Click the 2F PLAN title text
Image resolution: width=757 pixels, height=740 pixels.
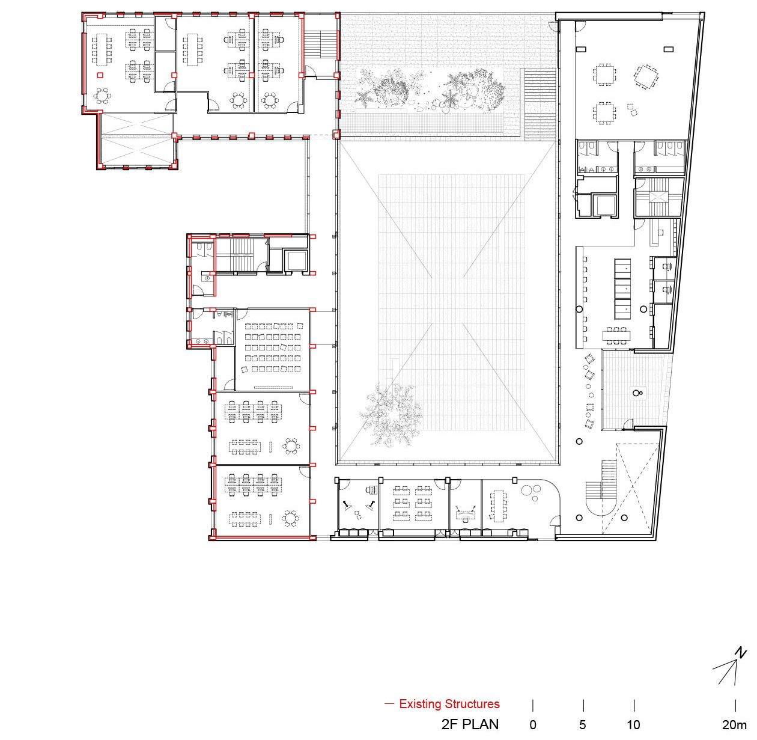click(470, 724)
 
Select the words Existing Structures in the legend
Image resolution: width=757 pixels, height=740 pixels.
click(449, 704)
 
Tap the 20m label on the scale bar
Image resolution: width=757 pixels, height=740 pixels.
click(734, 725)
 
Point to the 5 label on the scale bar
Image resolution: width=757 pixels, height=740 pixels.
click(583, 725)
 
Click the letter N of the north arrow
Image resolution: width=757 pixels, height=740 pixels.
click(741, 653)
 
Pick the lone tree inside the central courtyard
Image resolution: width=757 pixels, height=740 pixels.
click(391, 415)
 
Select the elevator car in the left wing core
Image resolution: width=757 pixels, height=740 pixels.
click(296, 260)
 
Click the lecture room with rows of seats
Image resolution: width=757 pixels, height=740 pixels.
click(273, 349)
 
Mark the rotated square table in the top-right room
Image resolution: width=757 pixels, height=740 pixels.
click(645, 76)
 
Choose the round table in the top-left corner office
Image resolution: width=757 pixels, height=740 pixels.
click(103, 95)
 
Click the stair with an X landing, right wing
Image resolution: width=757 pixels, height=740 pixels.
click(658, 197)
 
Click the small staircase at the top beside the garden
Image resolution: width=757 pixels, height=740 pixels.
click(321, 43)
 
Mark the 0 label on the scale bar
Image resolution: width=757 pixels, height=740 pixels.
click(533, 725)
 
